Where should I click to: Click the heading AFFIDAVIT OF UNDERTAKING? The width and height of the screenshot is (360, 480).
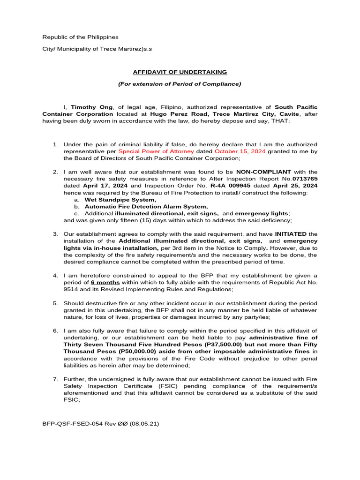(180, 72)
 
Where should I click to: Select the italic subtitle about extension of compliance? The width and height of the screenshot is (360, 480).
(180, 84)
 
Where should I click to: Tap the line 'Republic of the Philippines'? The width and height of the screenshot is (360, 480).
(81, 37)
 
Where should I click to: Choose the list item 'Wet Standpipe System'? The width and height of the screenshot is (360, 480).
(120, 200)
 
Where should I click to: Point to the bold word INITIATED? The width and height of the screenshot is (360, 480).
(291, 234)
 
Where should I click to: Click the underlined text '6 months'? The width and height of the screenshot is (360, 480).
(105, 282)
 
